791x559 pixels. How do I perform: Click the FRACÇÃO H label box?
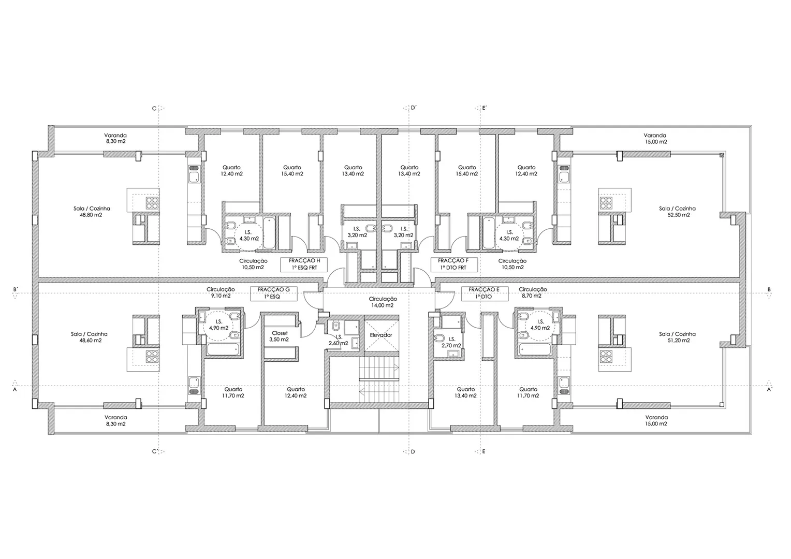304,264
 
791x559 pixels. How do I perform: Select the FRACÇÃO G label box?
274,293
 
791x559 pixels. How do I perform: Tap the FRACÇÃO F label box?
454,264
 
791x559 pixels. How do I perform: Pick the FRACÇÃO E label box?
485,293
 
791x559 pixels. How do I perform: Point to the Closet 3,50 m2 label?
280,336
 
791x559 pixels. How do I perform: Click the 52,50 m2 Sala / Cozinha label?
677,212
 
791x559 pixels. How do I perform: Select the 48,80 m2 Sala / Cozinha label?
92,212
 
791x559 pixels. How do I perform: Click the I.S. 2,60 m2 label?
338,340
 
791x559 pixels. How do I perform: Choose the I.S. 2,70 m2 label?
451,342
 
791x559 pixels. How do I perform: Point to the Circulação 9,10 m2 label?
221,292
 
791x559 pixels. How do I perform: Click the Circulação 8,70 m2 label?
533,292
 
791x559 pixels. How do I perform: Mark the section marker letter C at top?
154,108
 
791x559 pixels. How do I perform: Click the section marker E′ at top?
485,108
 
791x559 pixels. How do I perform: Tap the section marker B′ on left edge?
16,289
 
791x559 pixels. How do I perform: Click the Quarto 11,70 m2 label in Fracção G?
233,393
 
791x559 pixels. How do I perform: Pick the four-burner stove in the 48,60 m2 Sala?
152,357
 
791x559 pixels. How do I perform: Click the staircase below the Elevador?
379,379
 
